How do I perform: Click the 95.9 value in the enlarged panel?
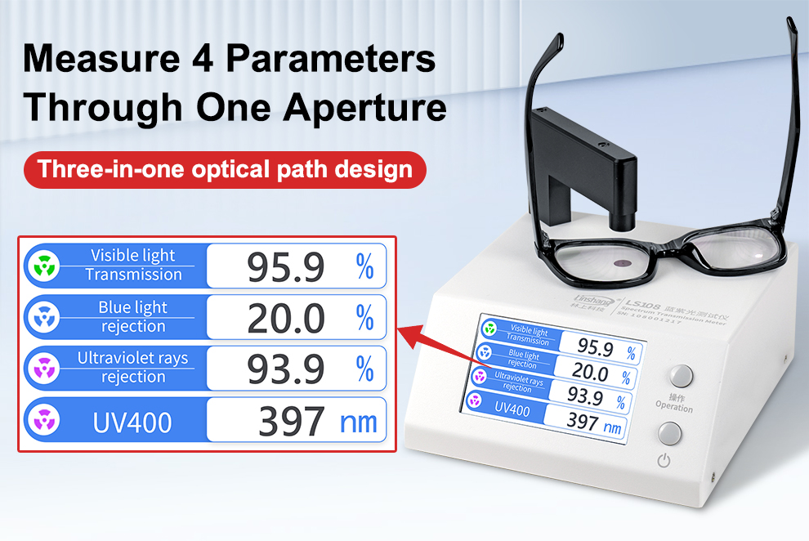coord(286,267)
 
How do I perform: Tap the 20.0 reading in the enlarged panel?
coord(286,319)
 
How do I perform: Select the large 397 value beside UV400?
coord(292,422)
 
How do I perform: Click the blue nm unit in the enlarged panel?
coord(358,423)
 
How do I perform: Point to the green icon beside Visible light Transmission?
coord(42,266)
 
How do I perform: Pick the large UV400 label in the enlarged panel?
coord(132,423)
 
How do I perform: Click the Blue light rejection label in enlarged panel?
coord(132,317)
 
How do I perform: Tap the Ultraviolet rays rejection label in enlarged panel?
coord(132,367)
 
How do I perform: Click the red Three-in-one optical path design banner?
coord(225,170)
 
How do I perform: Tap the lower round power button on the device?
coord(669,433)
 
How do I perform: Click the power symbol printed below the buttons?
coord(664,461)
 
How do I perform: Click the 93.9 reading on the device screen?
coord(585,397)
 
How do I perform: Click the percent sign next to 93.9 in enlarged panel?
coord(364,369)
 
